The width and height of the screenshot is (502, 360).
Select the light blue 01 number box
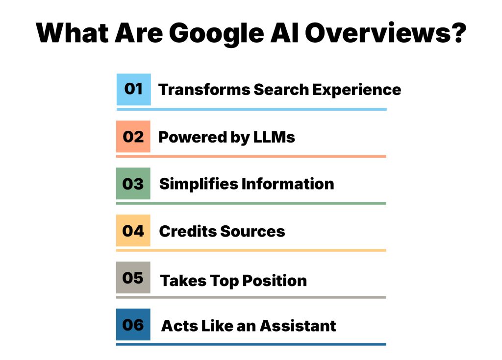pos(133,89)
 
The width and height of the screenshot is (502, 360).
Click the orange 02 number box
pos(133,136)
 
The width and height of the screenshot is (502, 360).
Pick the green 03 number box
pos(133,183)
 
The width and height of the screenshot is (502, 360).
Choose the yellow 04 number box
pos(133,230)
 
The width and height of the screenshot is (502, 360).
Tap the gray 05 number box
pos(133,277)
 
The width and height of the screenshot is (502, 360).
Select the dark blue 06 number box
pos(133,324)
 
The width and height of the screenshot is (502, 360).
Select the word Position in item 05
pos(276,281)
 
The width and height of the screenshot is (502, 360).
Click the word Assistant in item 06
pos(298,326)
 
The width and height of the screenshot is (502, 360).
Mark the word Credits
pos(188,231)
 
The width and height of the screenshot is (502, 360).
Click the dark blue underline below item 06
pos(251,344)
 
